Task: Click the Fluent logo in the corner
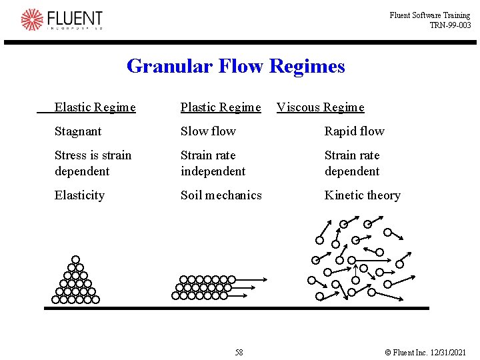click(x=61, y=19)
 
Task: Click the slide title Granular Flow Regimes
click(x=235, y=67)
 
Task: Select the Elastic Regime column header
click(x=95, y=107)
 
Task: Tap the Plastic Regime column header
click(x=221, y=107)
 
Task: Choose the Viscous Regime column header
click(x=321, y=107)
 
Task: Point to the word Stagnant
click(x=78, y=131)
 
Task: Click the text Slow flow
click(x=208, y=131)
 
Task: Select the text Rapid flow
click(x=354, y=131)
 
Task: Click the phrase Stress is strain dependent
click(x=93, y=163)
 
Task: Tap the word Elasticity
click(x=79, y=195)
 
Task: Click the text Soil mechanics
click(x=221, y=195)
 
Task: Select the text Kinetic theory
click(x=362, y=195)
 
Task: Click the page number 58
click(x=239, y=352)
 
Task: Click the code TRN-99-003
click(x=450, y=25)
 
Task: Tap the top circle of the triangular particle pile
click(x=75, y=259)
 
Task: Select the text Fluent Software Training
click(x=430, y=15)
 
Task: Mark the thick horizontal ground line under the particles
click(x=237, y=308)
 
